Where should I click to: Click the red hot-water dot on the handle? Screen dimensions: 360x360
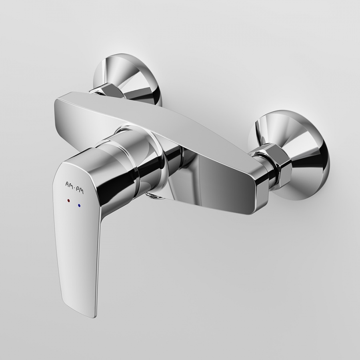point(68,200)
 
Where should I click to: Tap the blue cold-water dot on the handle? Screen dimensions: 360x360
point(80,205)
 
